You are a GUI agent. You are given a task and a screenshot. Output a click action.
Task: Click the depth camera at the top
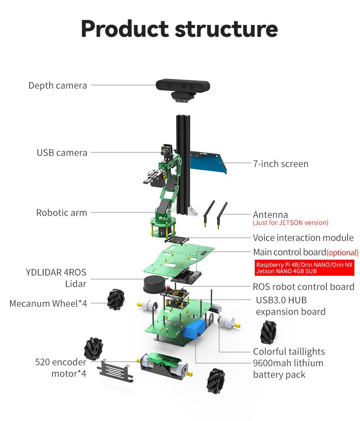tap(182, 86)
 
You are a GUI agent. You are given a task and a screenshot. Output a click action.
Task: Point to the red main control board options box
tap(305, 268)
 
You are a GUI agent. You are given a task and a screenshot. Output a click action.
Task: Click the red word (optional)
tap(342, 253)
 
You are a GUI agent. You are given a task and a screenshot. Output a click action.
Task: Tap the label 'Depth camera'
tap(58, 85)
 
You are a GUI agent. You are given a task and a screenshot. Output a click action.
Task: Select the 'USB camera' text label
tap(62, 152)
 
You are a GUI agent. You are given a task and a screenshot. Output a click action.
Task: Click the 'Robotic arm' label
tap(61, 213)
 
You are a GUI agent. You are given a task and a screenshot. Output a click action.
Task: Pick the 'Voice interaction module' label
tap(303, 238)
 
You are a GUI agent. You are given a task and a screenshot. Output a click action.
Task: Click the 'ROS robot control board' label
tap(303, 287)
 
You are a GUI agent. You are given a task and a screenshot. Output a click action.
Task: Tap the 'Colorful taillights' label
tap(289, 351)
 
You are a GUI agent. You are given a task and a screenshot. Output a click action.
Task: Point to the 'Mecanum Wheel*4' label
tap(48, 303)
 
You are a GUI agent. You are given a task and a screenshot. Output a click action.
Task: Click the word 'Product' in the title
tap(124, 29)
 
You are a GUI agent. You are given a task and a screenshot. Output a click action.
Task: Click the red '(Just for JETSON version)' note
tap(290, 223)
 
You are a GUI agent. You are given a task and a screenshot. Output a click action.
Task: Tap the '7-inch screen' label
tap(280, 164)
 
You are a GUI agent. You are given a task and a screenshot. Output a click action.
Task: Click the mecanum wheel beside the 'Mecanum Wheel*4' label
tap(116, 299)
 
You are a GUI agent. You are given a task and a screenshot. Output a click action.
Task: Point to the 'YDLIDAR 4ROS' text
tap(56, 273)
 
